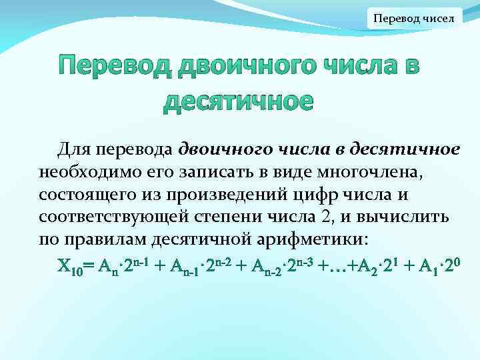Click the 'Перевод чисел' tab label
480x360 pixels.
[x=413, y=18]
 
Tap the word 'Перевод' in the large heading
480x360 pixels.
[x=113, y=67]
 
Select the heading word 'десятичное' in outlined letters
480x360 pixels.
[x=238, y=101]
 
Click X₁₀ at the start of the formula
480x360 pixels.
[x=69, y=267]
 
